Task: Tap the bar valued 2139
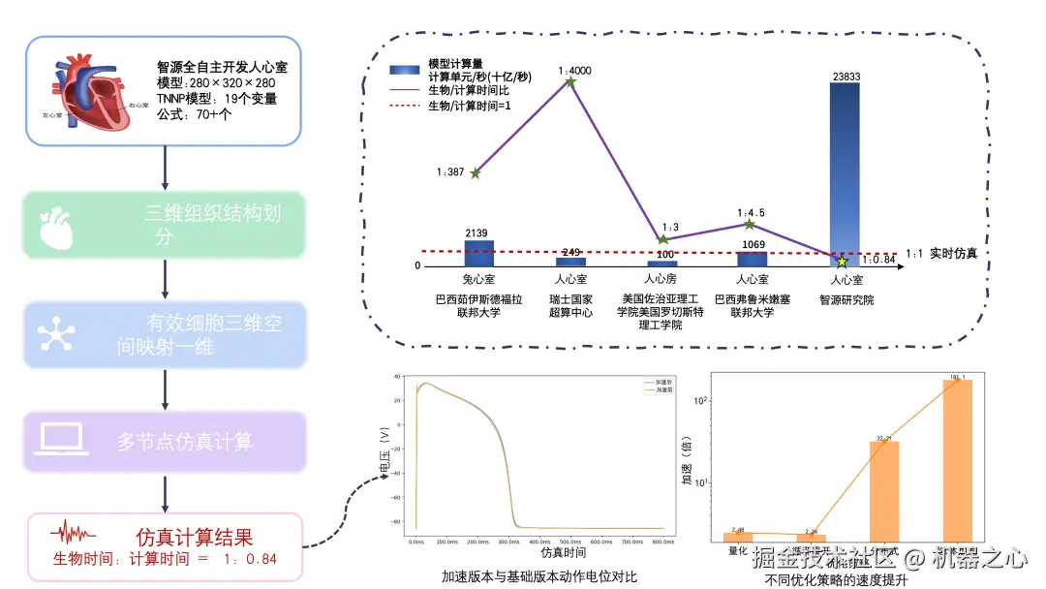pyautogui.click(x=478, y=253)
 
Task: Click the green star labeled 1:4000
pyautogui.click(x=570, y=82)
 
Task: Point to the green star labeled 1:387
pyautogui.click(x=475, y=172)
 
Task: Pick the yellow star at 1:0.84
pyautogui.click(x=843, y=262)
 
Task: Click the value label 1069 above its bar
pyautogui.click(x=753, y=244)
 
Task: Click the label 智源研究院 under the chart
pyautogui.click(x=846, y=300)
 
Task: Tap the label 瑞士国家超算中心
pyautogui.click(x=570, y=306)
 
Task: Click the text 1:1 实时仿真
pyautogui.click(x=941, y=254)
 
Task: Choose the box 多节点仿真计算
pyautogui.click(x=166, y=442)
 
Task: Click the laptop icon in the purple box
pyautogui.click(x=64, y=440)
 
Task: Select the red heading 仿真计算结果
pyautogui.click(x=195, y=536)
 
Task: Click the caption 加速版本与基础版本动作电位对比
pyautogui.click(x=539, y=576)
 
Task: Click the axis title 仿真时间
pyautogui.click(x=563, y=553)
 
